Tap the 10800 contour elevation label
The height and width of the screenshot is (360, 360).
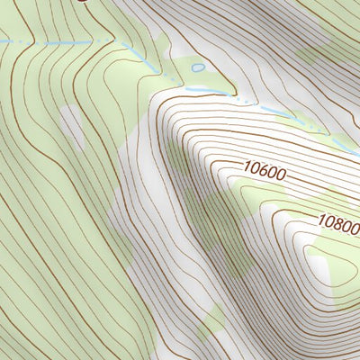[338, 221]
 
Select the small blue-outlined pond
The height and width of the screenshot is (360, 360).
[198, 67]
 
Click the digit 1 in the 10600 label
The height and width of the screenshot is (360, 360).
[246, 165]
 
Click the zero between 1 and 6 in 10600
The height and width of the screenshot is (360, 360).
[253, 166]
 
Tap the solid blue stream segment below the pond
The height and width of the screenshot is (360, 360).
[202, 90]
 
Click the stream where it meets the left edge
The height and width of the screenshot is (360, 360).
[2, 41]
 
